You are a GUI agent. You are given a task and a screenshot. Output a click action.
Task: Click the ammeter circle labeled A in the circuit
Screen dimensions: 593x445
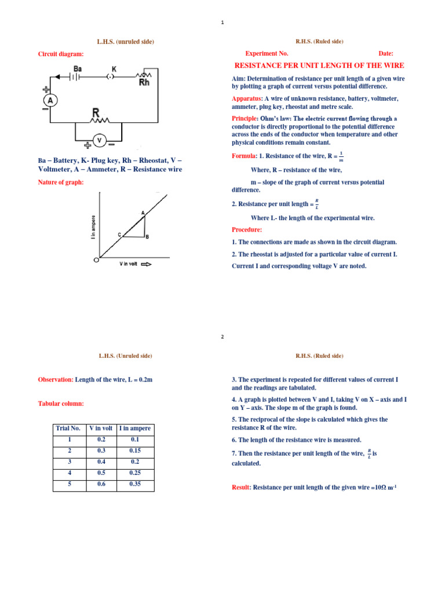coord(50,101)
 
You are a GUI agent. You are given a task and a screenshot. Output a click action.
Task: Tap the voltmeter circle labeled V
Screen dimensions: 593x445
coord(99,140)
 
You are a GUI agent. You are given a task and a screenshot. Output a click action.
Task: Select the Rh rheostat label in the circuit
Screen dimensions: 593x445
coord(145,82)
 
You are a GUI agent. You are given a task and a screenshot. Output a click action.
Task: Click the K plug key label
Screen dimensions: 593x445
coord(114,69)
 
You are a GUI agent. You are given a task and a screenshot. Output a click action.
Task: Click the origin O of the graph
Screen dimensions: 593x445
coord(96,260)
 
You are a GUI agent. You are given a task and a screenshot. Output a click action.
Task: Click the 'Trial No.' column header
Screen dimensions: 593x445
coord(68,429)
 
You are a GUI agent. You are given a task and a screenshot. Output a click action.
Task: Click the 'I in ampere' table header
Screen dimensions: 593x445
coord(135,429)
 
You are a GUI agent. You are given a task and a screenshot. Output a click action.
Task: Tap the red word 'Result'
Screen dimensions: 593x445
coord(240,488)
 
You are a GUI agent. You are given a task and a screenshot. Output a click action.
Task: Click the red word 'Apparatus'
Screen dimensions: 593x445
coord(246,98)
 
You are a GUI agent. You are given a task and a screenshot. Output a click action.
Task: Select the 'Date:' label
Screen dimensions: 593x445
coord(386,53)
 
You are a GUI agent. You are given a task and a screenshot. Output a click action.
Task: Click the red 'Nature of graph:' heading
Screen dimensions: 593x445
coord(61,182)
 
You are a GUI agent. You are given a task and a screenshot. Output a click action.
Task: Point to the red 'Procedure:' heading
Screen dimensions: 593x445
coord(247,229)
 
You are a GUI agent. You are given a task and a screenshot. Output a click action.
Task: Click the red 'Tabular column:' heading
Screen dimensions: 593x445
coord(61,403)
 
